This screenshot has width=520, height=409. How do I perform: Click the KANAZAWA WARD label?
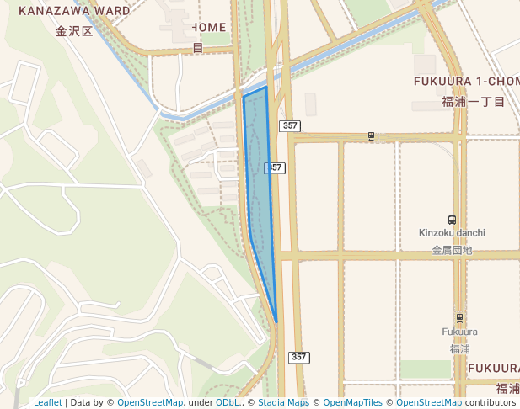pos(74,12)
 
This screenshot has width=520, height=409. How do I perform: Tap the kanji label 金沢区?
pos(72,32)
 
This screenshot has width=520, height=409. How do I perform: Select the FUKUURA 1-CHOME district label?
pos(466,81)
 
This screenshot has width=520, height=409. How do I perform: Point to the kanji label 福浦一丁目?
pos(473,102)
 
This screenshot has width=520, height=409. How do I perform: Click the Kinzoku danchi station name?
pos(453,232)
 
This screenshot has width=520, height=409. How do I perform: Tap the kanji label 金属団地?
pos(453,250)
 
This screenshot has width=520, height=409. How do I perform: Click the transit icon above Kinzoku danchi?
pos(453,219)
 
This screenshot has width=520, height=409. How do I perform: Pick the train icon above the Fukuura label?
pos(459,318)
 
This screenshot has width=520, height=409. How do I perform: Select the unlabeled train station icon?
pos(371,135)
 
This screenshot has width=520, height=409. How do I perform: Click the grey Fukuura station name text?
pos(459,332)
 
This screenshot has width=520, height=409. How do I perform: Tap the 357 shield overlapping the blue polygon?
pos(275,168)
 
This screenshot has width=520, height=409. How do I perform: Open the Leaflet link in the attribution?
pos(48,402)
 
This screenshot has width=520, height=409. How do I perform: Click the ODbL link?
pos(228,402)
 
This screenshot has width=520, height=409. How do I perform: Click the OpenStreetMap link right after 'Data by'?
pos(149,402)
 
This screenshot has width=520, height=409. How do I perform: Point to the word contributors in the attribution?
pos(490,402)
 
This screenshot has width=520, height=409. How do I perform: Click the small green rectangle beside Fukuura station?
pos(426,369)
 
